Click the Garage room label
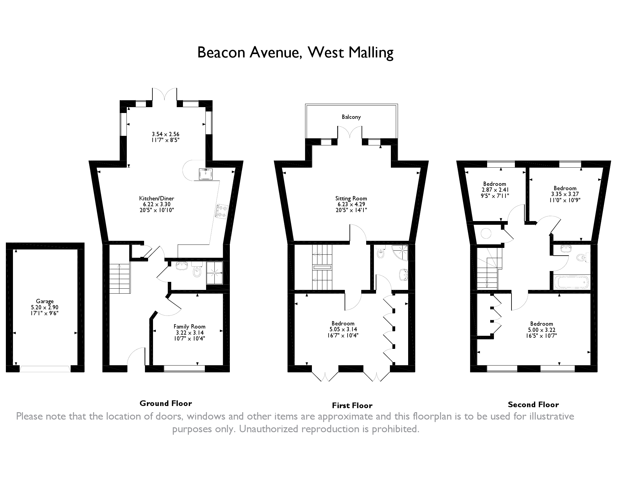(45, 301)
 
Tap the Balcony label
(351, 117)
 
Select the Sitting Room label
(351, 199)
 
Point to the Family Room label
(189, 327)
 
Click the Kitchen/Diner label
(157, 199)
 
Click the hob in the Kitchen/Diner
(222, 211)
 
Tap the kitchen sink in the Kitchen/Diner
(205, 174)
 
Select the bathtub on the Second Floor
(571, 282)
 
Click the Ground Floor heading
(166, 403)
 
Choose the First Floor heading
(352, 405)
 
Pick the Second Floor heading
(533, 404)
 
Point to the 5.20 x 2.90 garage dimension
(45, 307)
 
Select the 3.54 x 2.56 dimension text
(165, 134)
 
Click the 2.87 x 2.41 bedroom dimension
(495, 190)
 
